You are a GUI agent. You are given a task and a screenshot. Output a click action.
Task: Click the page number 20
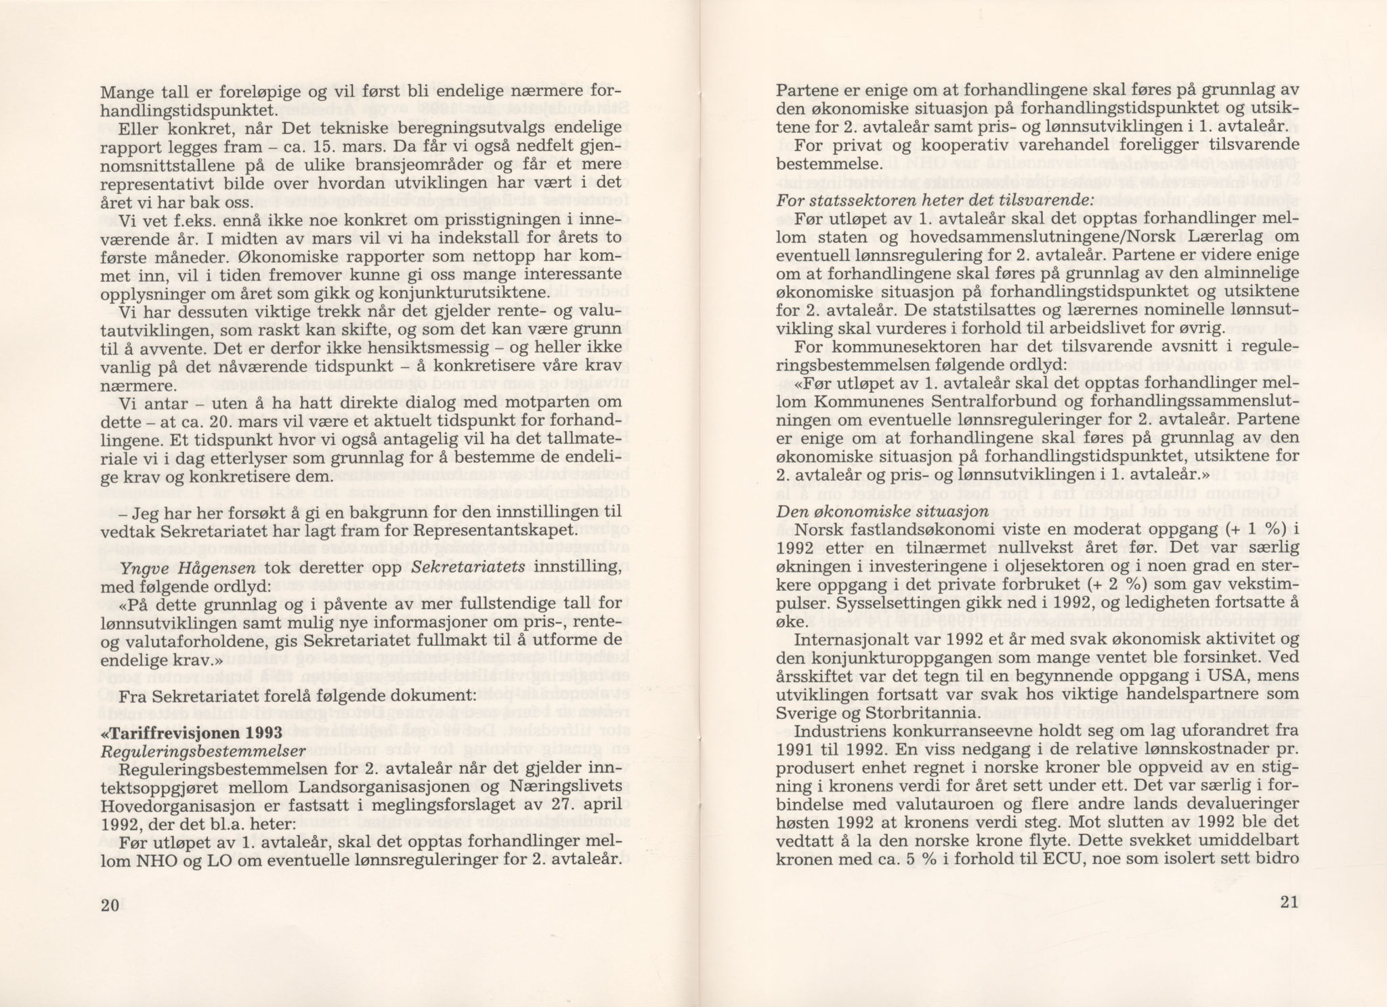tap(109, 906)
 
